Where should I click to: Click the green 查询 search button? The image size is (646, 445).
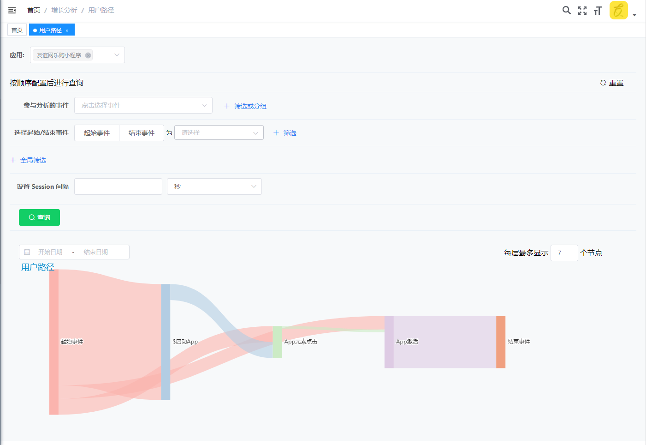tap(39, 217)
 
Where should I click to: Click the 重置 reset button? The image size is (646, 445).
tap(612, 83)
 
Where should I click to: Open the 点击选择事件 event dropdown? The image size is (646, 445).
tap(143, 105)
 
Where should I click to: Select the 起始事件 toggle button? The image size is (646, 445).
tap(97, 133)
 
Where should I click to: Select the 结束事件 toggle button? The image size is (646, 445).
tap(142, 133)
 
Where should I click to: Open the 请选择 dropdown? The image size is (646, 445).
tap(219, 132)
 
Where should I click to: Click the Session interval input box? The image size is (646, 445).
tap(118, 186)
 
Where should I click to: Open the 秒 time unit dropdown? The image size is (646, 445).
tap(214, 186)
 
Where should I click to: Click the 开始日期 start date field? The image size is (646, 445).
tap(50, 252)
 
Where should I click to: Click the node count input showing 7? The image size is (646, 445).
tap(563, 253)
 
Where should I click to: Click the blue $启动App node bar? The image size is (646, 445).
tap(166, 342)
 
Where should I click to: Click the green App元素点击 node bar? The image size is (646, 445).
tap(277, 342)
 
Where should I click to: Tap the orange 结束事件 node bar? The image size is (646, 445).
tap(501, 342)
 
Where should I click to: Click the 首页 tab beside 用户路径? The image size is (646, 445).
tap(17, 30)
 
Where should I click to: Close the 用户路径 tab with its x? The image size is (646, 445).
tap(67, 30)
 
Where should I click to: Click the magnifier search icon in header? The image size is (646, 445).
tap(566, 10)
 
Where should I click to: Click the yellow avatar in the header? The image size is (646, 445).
tap(618, 10)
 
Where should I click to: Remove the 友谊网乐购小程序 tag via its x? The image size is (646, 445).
tap(88, 55)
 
